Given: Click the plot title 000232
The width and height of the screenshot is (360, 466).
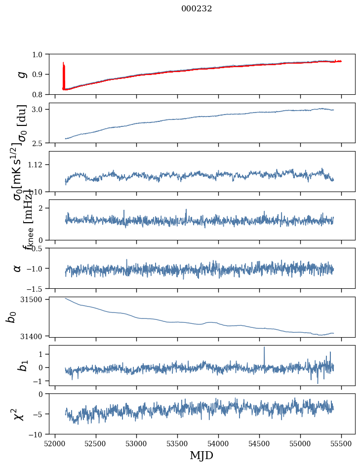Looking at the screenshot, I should tap(197, 8).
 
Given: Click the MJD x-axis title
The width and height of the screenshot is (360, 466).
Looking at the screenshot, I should tap(201, 455).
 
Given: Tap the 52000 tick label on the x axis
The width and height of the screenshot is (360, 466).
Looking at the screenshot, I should tap(55, 443).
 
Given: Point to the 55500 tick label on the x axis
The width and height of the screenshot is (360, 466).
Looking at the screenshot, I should tap(341, 443).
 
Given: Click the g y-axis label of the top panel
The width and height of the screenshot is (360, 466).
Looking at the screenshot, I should tap(21, 74).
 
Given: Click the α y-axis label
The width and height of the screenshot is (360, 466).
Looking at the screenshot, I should tap(17, 268).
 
